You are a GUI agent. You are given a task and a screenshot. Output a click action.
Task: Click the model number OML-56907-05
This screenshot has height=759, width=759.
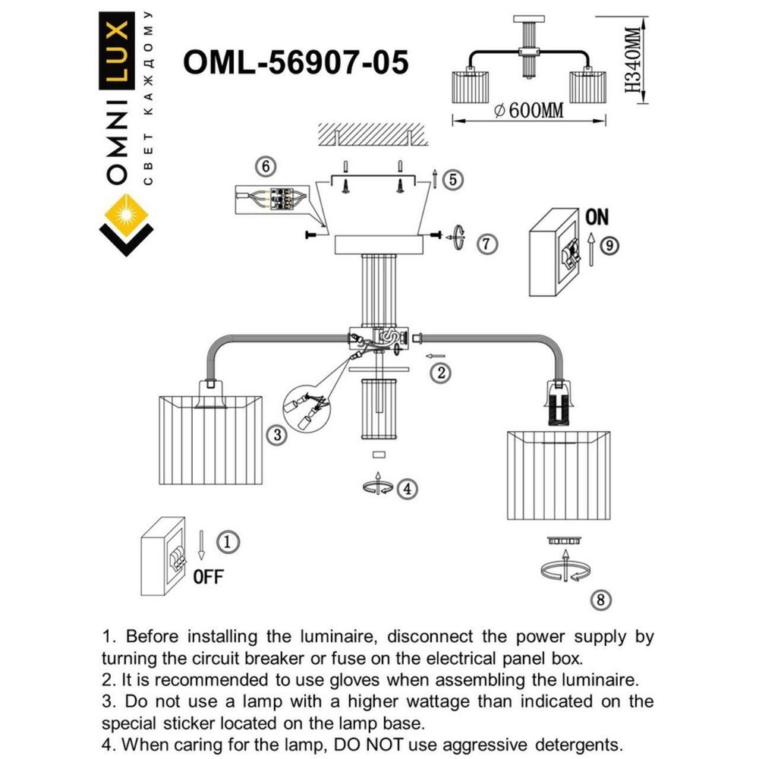click(295, 63)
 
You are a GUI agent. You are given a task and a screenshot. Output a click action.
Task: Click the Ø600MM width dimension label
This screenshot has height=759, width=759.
click(528, 111)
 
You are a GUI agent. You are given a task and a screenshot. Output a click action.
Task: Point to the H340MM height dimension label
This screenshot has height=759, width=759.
click(635, 60)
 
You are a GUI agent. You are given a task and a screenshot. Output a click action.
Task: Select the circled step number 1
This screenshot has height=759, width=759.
click(228, 541)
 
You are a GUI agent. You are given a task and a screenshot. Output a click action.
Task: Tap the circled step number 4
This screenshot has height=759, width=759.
click(407, 488)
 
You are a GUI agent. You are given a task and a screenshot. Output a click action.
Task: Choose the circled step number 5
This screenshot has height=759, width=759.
click(451, 180)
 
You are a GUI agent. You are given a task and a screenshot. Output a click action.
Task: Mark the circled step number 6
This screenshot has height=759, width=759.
click(264, 165)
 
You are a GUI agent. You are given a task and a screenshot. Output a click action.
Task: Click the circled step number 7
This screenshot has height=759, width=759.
click(487, 244)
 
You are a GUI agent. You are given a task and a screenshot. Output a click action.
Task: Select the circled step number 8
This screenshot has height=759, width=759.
click(600, 600)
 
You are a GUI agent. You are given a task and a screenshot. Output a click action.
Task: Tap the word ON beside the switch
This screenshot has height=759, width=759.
click(597, 217)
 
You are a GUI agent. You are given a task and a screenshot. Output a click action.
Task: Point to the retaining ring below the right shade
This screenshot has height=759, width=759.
click(562, 540)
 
